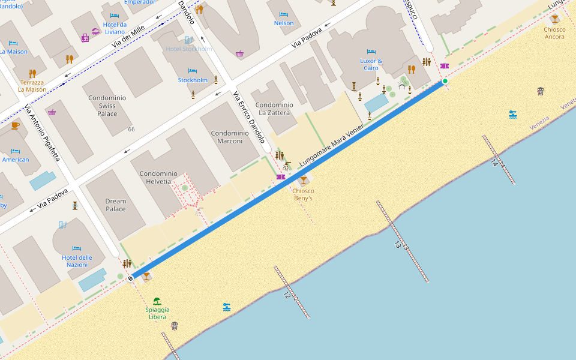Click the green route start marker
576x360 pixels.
coord(445,81)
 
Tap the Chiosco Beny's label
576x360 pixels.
coord(303,194)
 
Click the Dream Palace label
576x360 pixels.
coord(116,205)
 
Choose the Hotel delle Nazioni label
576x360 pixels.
coord(77,261)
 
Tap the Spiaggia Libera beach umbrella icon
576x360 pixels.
coord(157,301)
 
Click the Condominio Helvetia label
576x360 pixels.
coord(155,177)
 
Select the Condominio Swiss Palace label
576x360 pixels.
coord(107,106)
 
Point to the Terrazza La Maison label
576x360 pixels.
coord(32,86)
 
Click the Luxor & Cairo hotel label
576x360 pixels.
coord(371,64)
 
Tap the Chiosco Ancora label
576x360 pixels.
coord(554,33)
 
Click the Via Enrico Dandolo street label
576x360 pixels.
coord(248,117)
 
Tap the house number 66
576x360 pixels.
coord(131,129)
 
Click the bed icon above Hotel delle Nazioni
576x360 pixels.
coord(77,248)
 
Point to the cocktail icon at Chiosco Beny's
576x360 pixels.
coord(304,180)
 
